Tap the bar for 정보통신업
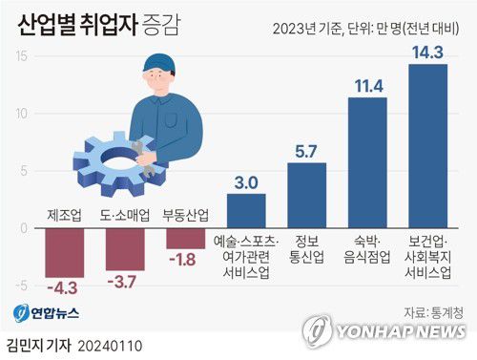coord(307,196)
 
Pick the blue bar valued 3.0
coord(247,211)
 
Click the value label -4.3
coord(65,286)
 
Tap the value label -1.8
coord(185,258)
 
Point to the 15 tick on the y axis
coord(19,56)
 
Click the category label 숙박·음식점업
coord(367,250)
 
